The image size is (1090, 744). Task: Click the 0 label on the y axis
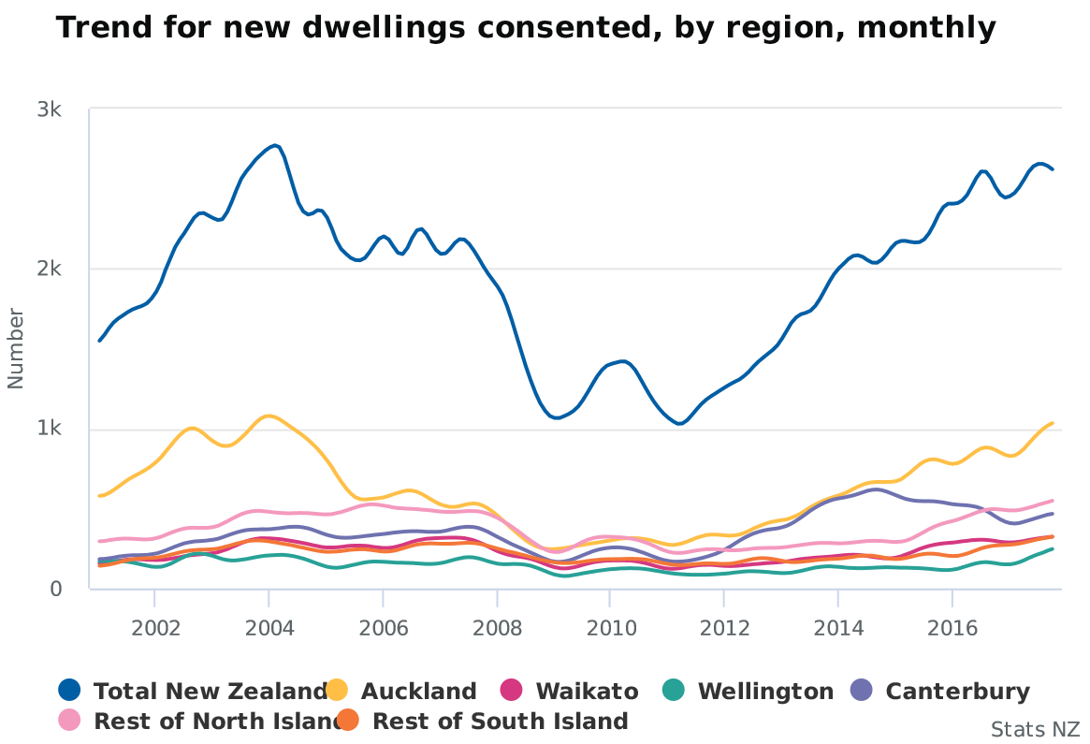pyautogui.click(x=56, y=590)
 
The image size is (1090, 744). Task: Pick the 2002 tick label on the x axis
pyautogui.click(x=154, y=625)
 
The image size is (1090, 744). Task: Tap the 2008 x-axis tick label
pyautogui.click(x=497, y=625)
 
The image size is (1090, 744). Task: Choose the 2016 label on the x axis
pyautogui.click(x=952, y=625)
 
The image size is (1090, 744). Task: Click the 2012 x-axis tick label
pyautogui.click(x=724, y=625)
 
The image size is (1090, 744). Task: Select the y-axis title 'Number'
pyautogui.click(x=16, y=347)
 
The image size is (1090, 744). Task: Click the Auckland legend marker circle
pyautogui.click(x=337, y=691)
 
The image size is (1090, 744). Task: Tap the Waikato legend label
pyautogui.click(x=587, y=692)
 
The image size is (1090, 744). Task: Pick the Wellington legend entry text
pyautogui.click(x=765, y=692)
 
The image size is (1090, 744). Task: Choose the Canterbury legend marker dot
pyautogui.click(x=862, y=691)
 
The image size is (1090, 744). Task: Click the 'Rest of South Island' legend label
pyautogui.click(x=500, y=722)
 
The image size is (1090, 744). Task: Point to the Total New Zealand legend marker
pyautogui.click(x=69, y=691)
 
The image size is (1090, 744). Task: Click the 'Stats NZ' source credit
pyautogui.click(x=1035, y=729)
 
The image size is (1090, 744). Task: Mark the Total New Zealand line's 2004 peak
pyautogui.click(x=274, y=145)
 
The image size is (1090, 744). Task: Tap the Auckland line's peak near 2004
pyautogui.click(x=269, y=416)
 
